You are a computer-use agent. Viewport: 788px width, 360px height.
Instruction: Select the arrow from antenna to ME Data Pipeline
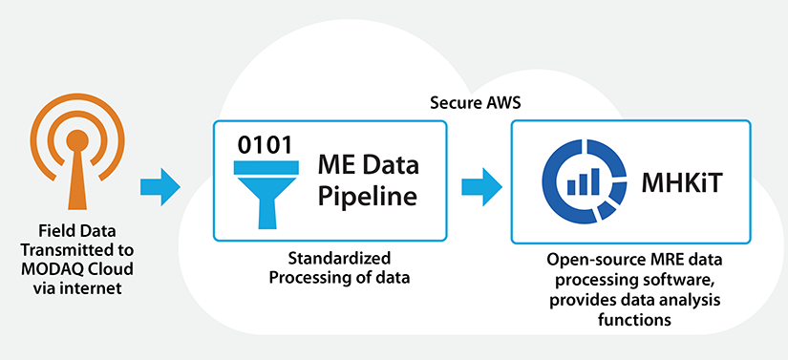point(160,184)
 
